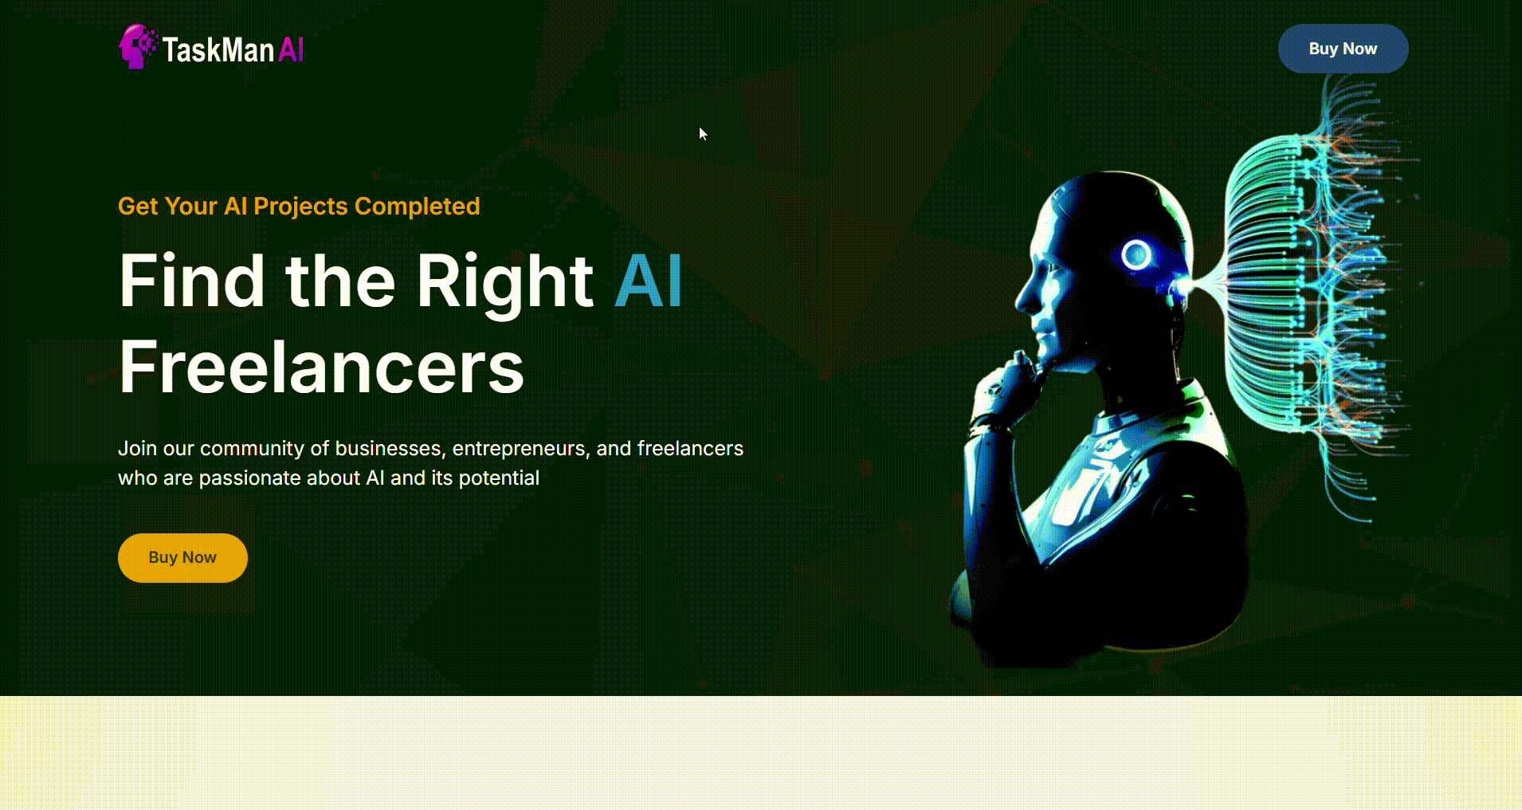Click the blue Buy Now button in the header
(x=1343, y=49)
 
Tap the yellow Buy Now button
(x=182, y=558)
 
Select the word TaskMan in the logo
(x=218, y=50)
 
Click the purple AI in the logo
(x=291, y=50)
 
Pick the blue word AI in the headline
(x=649, y=281)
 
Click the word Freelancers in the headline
(x=322, y=367)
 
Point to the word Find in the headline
(x=192, y=281)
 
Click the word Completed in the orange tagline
(x=418, y=206)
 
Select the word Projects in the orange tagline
(x=300, y=206)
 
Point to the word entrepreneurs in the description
(x=521, y=449)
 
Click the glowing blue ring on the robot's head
(x=1136, y=255)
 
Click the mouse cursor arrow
(x=703, y=134)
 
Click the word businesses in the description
(x=390, y=449)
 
